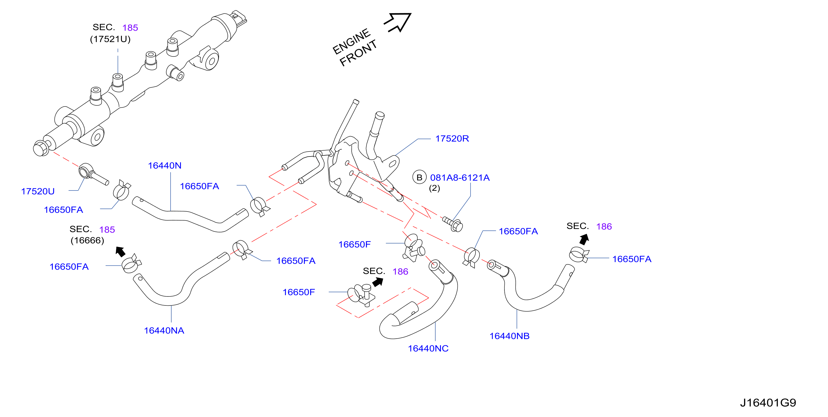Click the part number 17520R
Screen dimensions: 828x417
pyautogui.click(x=452, y=139)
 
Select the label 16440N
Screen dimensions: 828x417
pyautogui.click(x=165, y=166)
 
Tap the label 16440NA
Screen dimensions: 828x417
pyautogui.click(x=164, y=330)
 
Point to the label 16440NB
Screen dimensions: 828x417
pyautogui.click(x=509, y=336)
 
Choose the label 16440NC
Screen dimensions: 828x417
pyautogui.click(x=428, y=348)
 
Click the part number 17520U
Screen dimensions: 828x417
pyautogui.click(x=38, y=191)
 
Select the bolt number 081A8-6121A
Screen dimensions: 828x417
pyautogui.click(x=460, y=178)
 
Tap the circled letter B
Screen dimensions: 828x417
pyautogui.click(x=419, y=177)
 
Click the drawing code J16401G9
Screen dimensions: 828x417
pyautogui.click(x=768, y=403)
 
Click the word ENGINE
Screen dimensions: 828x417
pyautogui.click(x=352, y=42)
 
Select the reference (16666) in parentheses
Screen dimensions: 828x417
pyautogui.click(x=87, y=241)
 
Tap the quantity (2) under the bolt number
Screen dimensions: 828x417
pyautogui.click(x=435, y=188)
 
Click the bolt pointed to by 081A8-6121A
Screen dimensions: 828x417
pyautogui.click(x=453, y=224)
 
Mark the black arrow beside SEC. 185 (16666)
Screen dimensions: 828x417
pyautogui.click(x=120, y=251)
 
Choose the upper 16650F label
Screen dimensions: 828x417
pyautogui.click(x=354, y=244)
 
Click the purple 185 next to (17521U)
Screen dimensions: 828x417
pyautogui.click(x=130, y=28)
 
